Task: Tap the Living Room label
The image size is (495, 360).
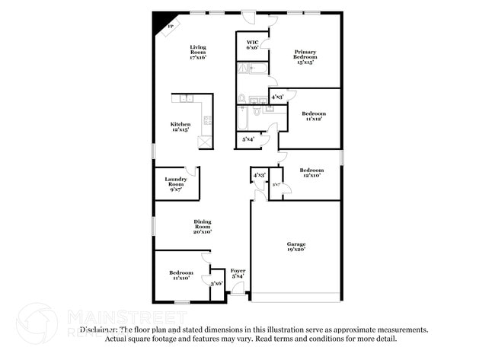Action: coord(198,52)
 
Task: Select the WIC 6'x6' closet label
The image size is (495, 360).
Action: coord(252,44)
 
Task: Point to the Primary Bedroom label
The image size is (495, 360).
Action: coord(305,56)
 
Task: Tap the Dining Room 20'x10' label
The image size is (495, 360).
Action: coord(202,227)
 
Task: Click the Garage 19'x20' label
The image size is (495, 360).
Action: coord(296,247)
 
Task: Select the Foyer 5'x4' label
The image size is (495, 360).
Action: coord(238,273)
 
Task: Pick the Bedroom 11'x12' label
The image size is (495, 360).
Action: coord(315,116)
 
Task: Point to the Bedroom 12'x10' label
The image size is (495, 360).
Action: coord(311,173)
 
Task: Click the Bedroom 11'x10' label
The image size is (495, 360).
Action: coord(180,276)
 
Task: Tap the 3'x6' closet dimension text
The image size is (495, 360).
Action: coord(216,283)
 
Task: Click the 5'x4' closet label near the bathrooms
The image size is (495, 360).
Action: coord(248,139)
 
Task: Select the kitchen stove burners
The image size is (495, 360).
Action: coord(207,119)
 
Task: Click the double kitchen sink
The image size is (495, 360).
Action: coord(185,98)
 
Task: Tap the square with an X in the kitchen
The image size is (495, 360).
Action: coord(203,141)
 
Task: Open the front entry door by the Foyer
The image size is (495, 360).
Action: coord(238,289)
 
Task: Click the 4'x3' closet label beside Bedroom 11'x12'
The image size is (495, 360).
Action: coord(277,97)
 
